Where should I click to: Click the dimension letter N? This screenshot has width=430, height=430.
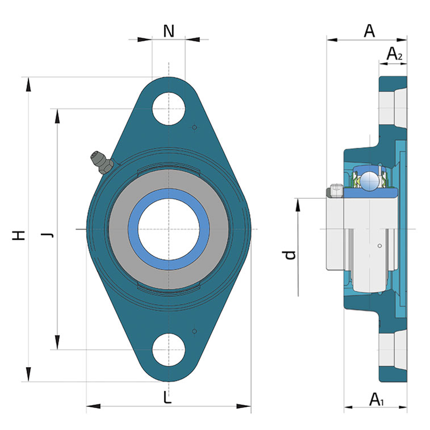tap(169, 31)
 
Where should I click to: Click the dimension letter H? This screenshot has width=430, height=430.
tap(19, 235)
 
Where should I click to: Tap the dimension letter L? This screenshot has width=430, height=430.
tap(167, 397)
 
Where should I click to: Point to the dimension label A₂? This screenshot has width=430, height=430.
tap(395, 54)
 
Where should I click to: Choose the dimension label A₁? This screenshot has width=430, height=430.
tap(377, 399)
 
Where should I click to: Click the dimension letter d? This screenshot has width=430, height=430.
tap(289, 255)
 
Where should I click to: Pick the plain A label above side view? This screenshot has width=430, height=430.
tap(369, 31)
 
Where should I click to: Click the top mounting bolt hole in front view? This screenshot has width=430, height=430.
tap(169, 109)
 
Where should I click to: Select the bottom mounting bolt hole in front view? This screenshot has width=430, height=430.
tap(169, 350)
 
